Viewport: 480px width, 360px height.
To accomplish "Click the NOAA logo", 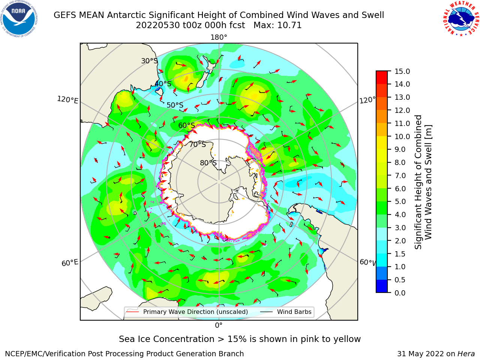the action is [19, 19].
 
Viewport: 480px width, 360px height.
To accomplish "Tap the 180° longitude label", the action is [219, 37].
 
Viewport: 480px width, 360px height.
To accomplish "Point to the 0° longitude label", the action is [219, 325].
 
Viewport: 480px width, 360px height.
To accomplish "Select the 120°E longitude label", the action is [67, 100].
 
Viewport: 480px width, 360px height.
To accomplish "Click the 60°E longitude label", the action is [70, 263].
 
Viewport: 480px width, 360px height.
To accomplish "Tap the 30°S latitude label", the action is [149, 61].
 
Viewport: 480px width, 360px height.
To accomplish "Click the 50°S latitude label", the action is [175, 105].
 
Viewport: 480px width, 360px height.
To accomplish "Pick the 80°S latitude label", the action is [208, 163].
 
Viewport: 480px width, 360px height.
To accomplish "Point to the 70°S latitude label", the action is [198, 144].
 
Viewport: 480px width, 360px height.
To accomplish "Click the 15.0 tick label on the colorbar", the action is [402, 71].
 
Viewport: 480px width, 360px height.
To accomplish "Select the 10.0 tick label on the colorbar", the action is [402, 136].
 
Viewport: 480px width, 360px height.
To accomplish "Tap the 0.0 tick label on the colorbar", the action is [400, 293].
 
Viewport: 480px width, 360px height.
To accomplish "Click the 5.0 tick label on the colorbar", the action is [400, 201].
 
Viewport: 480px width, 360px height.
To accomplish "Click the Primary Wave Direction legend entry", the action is [187, 312].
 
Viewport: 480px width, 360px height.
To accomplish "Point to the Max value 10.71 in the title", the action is [277, 25].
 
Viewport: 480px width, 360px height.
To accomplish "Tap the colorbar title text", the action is [423, 182].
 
